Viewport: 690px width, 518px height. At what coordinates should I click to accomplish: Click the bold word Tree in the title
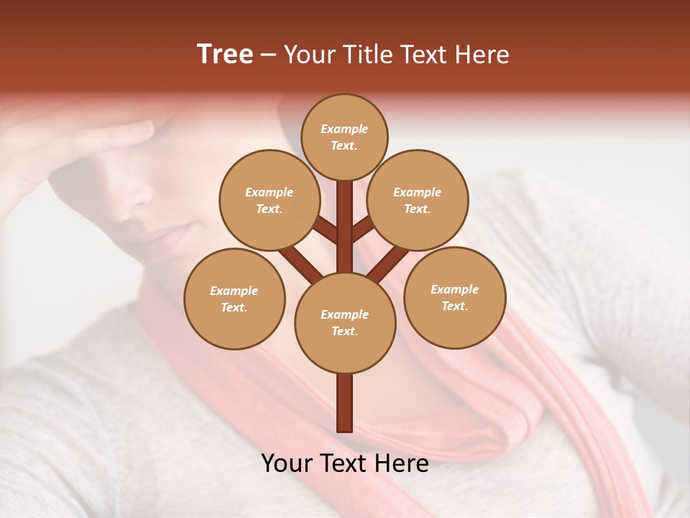[x=225, y=55]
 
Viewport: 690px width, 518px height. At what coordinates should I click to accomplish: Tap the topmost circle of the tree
[x=344, y=137]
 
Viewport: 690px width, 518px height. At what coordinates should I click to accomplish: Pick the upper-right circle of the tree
[x=418, y=200]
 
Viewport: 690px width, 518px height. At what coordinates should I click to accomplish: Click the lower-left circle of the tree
[x=234, y=299]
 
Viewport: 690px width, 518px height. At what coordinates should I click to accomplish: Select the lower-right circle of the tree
[x=455, y=297]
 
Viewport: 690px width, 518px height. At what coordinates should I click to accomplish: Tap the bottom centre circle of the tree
[x=345, y=322]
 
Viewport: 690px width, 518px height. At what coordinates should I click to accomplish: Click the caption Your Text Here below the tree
[x=345, y=463]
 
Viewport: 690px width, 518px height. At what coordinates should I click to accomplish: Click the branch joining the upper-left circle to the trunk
[x=325, y=231]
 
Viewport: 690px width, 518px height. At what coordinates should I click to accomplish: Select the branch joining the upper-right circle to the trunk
[x=363, y=230]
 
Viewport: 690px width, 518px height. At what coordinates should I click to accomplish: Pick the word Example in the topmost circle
[x=344, y=129]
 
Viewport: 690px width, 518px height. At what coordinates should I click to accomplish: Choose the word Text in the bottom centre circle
[x=344, y=331]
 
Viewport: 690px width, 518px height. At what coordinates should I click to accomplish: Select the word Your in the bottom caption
[x=287, y=463]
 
